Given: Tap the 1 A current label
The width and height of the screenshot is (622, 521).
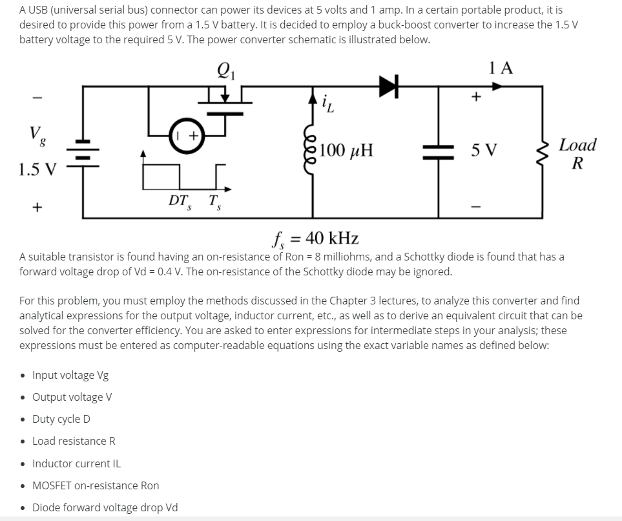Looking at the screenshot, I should pos(501,68).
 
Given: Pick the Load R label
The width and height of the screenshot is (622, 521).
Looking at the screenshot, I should pos(577,153).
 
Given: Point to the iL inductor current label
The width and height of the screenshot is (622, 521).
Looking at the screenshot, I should pos(327,103).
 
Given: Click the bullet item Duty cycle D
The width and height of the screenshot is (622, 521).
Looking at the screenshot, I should pos(61,419).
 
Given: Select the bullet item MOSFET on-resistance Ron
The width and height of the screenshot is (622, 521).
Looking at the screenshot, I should pos(96,485).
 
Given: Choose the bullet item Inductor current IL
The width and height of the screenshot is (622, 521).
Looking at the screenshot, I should pos(76,463).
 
